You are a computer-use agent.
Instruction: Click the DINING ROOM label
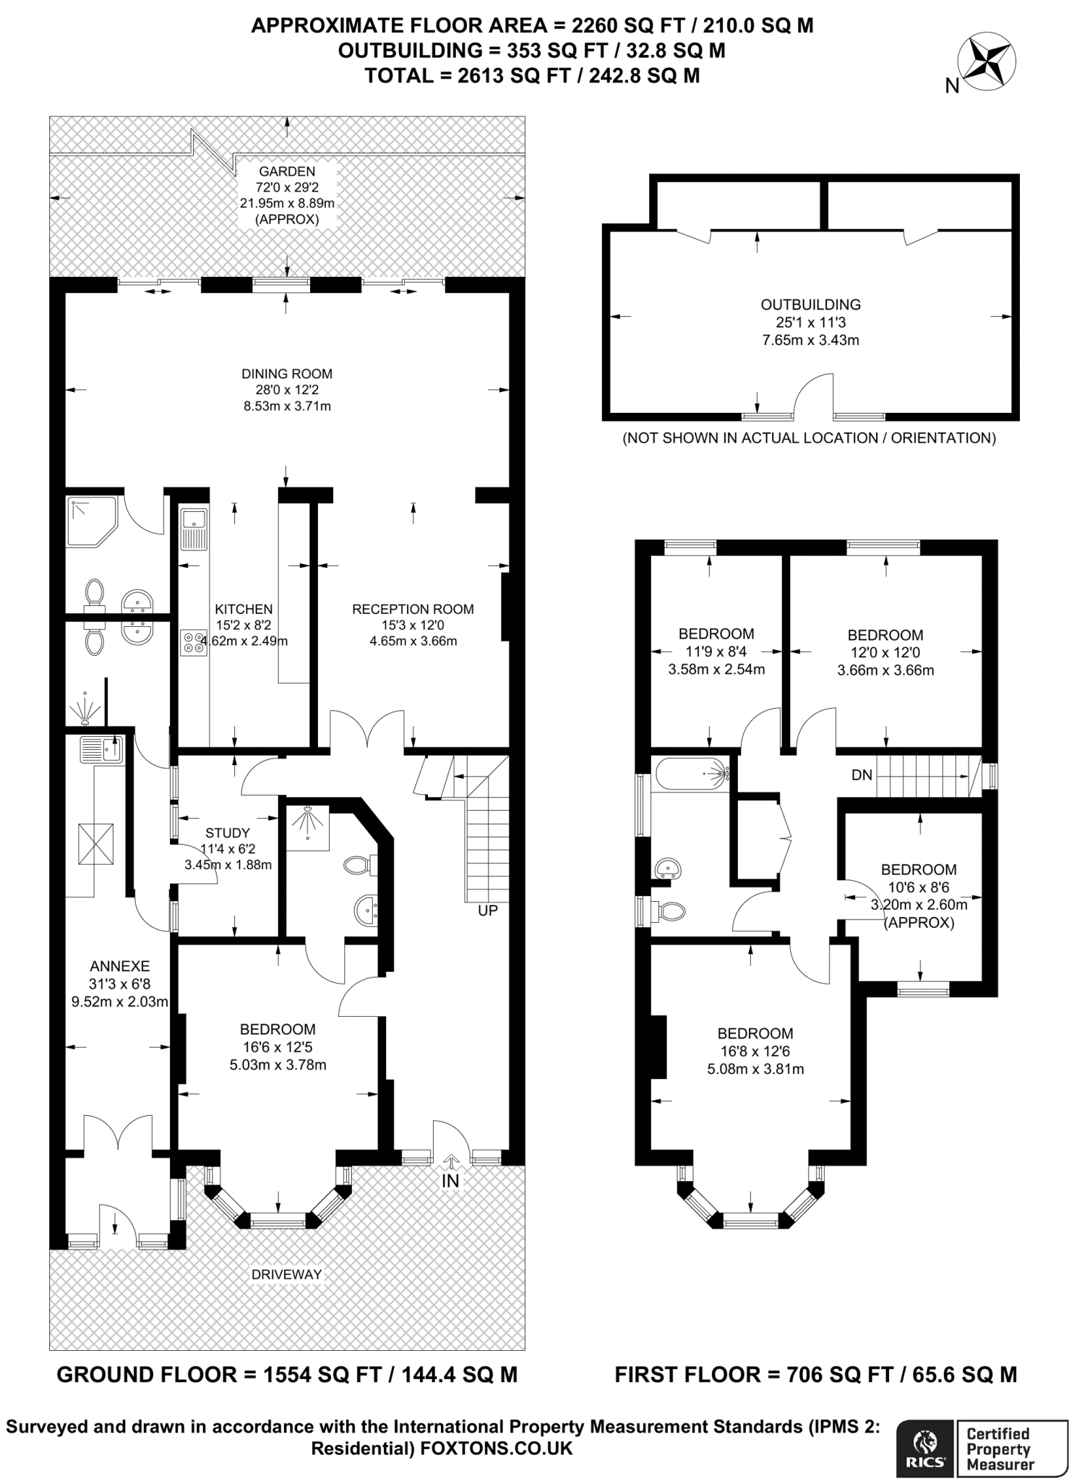[x=287, y=374]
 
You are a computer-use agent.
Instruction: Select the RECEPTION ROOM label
[x=413, y=609]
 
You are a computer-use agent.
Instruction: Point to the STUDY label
[x=228, y=833]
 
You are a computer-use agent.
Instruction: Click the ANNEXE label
[x=120, y=965]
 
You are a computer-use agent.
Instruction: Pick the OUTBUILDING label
[x=811, y=304]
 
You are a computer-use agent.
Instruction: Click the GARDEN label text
[x=287, y=171]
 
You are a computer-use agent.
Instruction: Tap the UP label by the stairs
[x=488, y=910]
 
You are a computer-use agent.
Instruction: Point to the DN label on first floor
[x=862, y=775]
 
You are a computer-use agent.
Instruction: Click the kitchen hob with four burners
[x=194, y=643]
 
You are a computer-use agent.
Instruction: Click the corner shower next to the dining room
[x=92, y=522]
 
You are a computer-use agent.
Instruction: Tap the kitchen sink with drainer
[x=194, y=529]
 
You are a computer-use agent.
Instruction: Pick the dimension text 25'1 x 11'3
[x=811, y=323]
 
